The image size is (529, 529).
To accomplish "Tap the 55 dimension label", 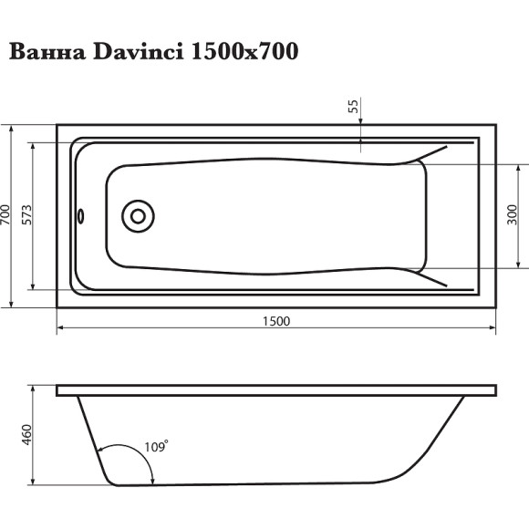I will coord(353,107).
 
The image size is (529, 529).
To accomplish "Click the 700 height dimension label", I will coord(6,216).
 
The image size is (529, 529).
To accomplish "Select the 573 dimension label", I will coord(27,216).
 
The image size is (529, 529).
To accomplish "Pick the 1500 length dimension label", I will coord(275,320).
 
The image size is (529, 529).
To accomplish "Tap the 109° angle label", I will coord(157,447).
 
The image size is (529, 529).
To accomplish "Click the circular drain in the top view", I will coord(139,217).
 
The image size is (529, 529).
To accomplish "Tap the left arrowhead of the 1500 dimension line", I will coord(61,329).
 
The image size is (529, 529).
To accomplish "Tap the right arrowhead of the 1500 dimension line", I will coord(492,329).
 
